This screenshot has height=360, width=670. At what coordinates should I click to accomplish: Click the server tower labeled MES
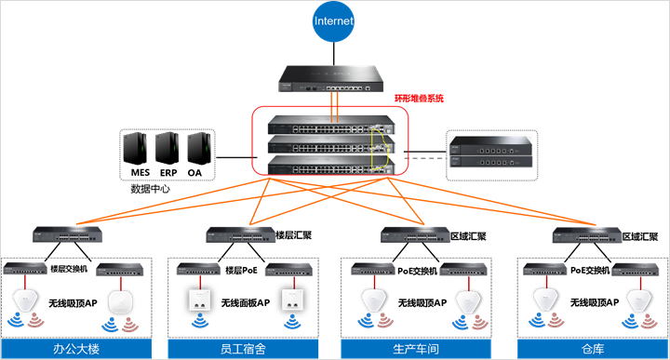[136, 148]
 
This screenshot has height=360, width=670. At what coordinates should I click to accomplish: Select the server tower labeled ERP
[167, 148]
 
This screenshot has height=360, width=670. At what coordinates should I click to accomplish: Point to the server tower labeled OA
[195, 148]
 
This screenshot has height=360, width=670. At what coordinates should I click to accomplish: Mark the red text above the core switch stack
[419, 98]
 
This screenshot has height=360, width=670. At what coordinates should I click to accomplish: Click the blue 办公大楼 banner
[75, 349]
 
